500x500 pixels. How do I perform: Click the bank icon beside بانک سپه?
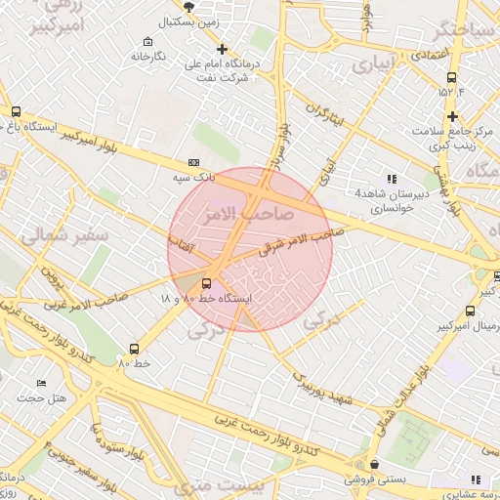click(x=193, y=162)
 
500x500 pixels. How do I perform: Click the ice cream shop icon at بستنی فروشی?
click(x=375, y=465)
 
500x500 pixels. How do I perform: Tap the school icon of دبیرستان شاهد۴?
click(x=392, y=178)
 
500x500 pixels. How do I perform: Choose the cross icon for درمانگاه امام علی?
click(x=223, y=49)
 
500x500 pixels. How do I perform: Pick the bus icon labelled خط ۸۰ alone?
click(x=134, y=349)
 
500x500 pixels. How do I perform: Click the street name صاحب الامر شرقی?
click(x=301, y=242)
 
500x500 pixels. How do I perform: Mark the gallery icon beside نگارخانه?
click(x=147, y=42)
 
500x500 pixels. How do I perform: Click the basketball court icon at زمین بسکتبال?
click(x=203, y=6)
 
